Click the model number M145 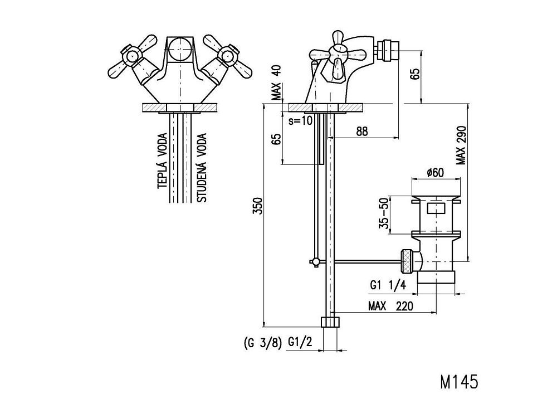458,382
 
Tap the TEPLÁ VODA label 162,161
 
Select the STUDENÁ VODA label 202,167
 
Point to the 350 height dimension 257,206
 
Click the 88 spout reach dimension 361,131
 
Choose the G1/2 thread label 299,342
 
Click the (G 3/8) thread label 263,342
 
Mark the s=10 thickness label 301,120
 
